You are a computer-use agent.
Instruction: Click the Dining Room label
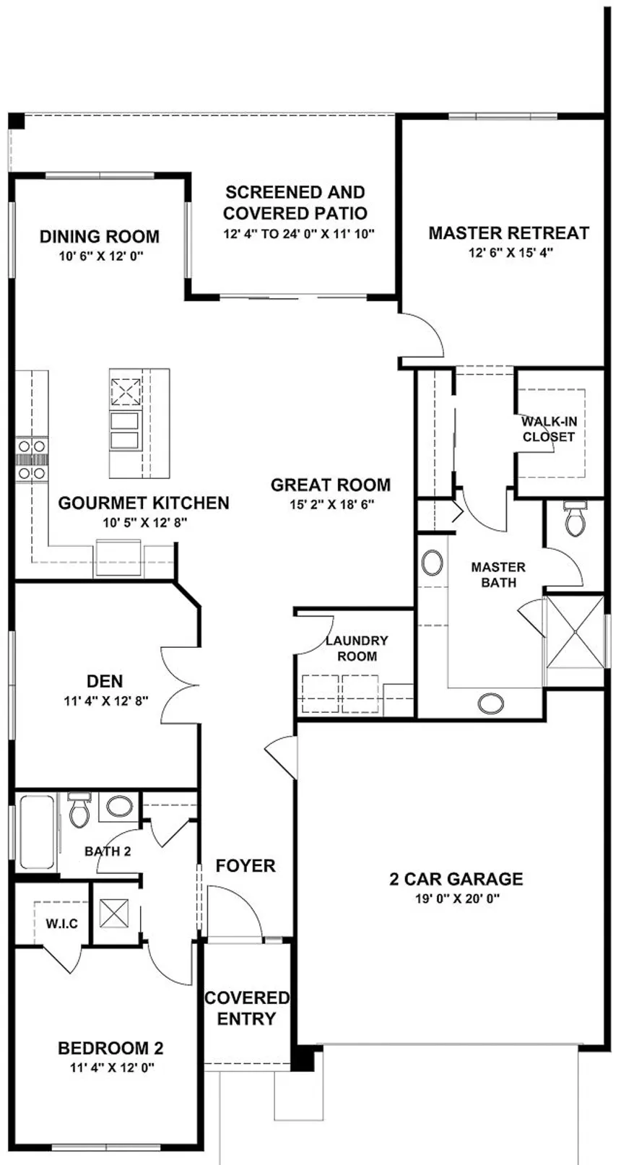pos(100,236)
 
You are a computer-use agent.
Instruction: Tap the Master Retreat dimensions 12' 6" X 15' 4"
pos(511,253)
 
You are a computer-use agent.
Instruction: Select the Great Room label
pos(331,485)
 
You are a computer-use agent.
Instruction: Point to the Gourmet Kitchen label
pos(144,503)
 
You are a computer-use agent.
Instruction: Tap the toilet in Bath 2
pos(79,810)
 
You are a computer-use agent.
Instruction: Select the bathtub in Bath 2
pos(36,831)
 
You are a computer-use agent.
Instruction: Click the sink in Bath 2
pos(119,807)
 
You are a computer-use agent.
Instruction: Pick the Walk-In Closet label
pos(550,429)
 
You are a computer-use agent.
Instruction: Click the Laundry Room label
pos(357,648)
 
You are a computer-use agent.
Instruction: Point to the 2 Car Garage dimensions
pos(457,898)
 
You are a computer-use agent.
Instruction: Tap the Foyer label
pos(246,866)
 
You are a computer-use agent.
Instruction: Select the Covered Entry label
pos(247,1008)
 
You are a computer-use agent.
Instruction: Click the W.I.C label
pos(62,924)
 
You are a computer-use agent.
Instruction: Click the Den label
pos(105,681)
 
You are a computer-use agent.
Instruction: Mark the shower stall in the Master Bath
pos(574,631)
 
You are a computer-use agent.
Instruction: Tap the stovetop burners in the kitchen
pos(32,459)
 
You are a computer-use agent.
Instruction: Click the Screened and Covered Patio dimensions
pos(299,233)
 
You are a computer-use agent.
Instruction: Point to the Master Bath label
pos(498,575)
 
